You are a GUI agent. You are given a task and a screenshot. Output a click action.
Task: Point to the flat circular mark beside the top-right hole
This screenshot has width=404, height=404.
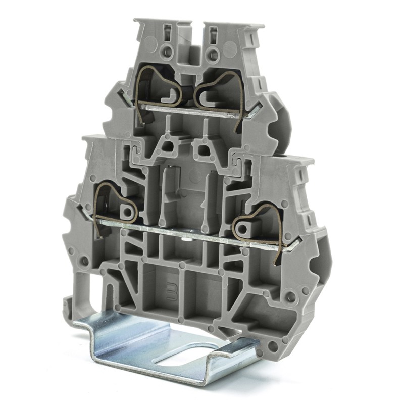tap(230, 49)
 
